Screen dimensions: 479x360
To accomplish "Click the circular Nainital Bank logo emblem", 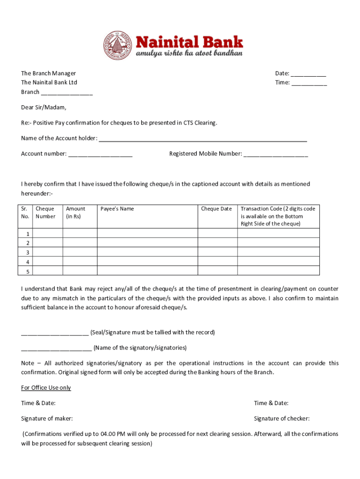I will [118, 45].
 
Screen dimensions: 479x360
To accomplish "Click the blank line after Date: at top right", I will [309, 74].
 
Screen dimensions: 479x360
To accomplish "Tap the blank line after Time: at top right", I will [309, 83].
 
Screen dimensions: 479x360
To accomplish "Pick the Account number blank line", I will [100, 154].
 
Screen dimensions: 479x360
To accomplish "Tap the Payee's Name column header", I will [117, 209].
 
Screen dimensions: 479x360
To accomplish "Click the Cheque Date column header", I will [216, 209].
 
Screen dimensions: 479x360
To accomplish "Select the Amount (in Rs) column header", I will [76, 213].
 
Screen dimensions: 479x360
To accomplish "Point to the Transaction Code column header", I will [278, 216].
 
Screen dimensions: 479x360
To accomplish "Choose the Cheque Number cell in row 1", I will [48, 233].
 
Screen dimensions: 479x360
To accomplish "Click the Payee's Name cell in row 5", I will [147, 271].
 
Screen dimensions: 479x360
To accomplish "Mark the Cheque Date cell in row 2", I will [217, 243].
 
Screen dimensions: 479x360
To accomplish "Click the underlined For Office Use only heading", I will [46, 388].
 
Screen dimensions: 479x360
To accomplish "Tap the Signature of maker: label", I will [47, 419].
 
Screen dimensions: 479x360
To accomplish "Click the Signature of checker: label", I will [281, 419].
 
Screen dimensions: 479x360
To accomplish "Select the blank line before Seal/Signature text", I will [55, 333].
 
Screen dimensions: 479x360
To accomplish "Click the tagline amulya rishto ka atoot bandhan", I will [189, 54].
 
